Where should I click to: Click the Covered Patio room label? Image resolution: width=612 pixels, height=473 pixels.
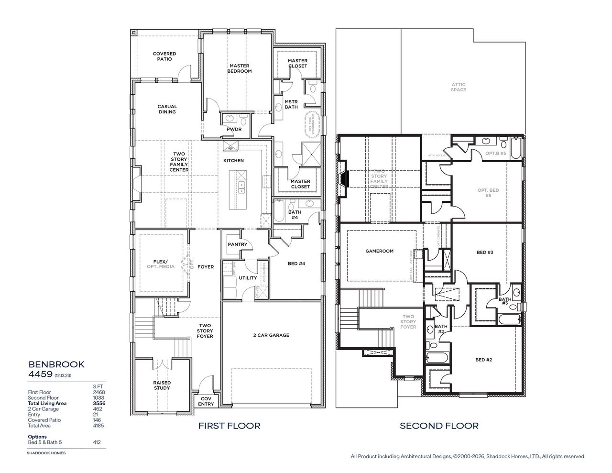(x=164, y=56)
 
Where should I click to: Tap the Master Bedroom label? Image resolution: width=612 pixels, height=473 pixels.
(x=240, y=68)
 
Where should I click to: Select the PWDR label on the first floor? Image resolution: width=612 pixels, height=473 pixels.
(x=234, y=129)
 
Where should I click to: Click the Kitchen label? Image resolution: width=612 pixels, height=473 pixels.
(x=233, y=161)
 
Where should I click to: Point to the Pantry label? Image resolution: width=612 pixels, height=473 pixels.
(x=237, y=244)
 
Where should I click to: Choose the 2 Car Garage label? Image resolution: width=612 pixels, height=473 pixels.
(x=271, y=335)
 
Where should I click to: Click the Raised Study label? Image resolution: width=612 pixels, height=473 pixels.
(x=162, y=385)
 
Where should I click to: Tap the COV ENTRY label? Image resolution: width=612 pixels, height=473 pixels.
(x=206, y=401)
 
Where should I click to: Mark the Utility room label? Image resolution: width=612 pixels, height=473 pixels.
(x=248, y=278)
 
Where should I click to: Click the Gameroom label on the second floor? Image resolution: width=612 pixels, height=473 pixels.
(x=379, y=251)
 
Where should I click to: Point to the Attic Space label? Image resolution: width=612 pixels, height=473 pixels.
(x=458, y=87)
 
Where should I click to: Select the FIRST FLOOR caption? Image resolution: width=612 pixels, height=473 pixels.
(x=229, y=425)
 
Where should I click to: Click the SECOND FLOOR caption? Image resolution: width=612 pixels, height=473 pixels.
(x=439, y=425)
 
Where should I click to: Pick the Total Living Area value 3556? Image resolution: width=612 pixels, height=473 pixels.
(x=98, y=403)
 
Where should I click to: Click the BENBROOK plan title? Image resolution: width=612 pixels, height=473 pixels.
(x=56, y=364)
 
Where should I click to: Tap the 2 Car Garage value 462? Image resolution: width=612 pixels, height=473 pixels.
(x=98, y=409)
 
